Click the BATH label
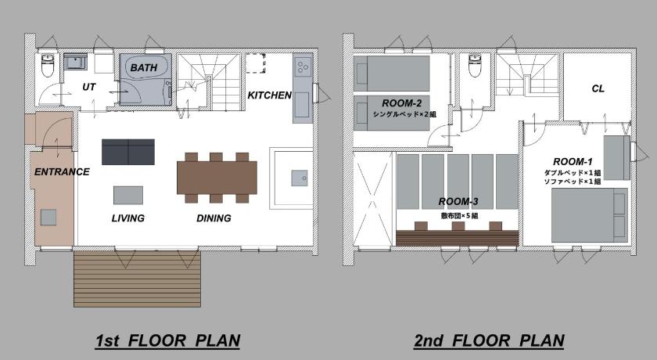pyautogui.click(x=144, y=67)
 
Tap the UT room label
pyautogui.click(x=89, y=87)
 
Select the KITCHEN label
pyautogui.click(x=269, y=95)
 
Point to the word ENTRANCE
pyautogui.click(x=62, y=172)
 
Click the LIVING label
pyautogui.click(x=128, y=218)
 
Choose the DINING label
pyautogui.click(x=214, y=218)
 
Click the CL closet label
pyautogui.click(x=598, y=88)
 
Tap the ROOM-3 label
pyautogui.click(x=458, y=202)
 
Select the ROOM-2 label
pyautogui.click(x=401, y=103)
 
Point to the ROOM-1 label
pyautogui.click(x=573, y=162)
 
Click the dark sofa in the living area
pyautogui.click(x=128, y=152)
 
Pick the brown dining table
pyautogui.click(x=217, y=178)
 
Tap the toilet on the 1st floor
pyautogui.click(x=48, y=66)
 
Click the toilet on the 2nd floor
pyautogui.click(x=475, y=66)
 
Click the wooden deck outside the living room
pyautogui.click(x=137, y=279)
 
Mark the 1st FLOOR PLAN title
pyautogui.click(x=167, y=340)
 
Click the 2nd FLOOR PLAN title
pyautogui.click(x=489, y=340)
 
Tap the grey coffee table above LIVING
pyautogui.click(x=128, y=196)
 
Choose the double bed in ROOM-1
pyautogui.click(x=590, y=215)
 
